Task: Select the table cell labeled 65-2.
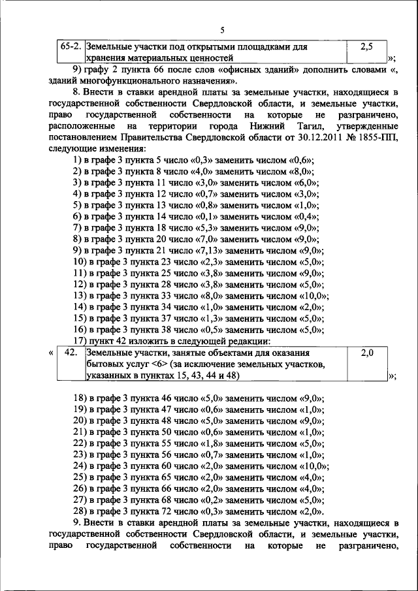(70, 48)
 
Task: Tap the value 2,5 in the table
(366, 48)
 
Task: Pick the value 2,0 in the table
(366, 353)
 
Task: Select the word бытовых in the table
(103, 364)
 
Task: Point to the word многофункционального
(121, 82)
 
